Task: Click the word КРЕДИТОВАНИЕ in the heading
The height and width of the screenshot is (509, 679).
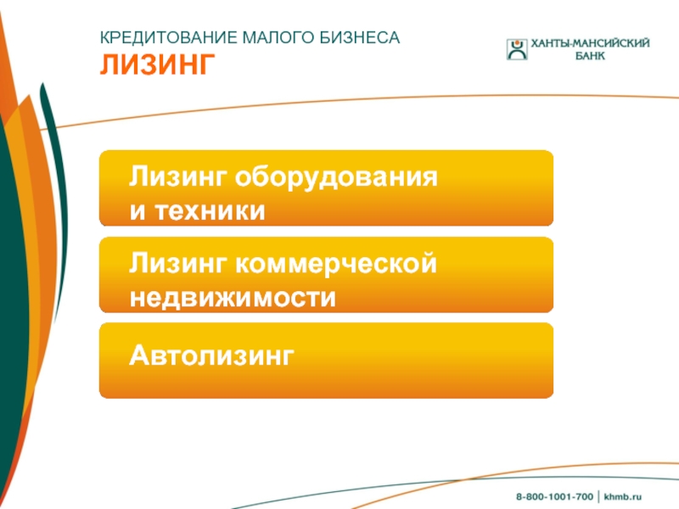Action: click(x=169, y=37)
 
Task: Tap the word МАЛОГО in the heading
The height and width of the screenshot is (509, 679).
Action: click(x=279, y=37)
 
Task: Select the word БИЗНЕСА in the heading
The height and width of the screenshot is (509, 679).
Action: click(x=360, y=37)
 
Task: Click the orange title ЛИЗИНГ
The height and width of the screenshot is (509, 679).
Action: click(x=158, y=65)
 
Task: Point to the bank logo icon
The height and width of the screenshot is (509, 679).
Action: click(x=517, y=49)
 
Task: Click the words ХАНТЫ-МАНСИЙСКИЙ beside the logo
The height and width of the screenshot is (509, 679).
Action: click(x=590, y=43)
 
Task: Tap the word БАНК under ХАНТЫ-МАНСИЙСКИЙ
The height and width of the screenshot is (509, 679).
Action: click(x=590, y=56)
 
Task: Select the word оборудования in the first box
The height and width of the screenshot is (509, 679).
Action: click(x=336, y=178)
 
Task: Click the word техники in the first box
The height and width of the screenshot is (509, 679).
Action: click(x=210, y=210)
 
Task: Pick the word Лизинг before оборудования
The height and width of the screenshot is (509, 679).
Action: click(x=178, y=176)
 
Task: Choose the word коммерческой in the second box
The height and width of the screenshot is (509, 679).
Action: click(x=336, y=264)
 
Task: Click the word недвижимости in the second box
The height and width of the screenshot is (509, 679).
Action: click(x=233, y=298)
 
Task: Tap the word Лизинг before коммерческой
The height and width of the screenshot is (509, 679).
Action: click(x=178, y=263)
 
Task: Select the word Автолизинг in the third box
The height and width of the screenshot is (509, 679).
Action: click(x=211, y=355)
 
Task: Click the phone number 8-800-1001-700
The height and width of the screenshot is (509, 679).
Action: click(x=554, y=496)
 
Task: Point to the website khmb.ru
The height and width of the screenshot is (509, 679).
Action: click(x=623, y=496)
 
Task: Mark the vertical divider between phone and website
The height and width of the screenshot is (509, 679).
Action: click(x=598, y=496)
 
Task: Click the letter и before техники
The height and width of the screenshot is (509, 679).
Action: click(x=137, y=211)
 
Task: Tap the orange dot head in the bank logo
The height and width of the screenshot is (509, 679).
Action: click(x=517, y=42)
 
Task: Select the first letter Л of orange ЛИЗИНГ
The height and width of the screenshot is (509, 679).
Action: click(x=110, y=65)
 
